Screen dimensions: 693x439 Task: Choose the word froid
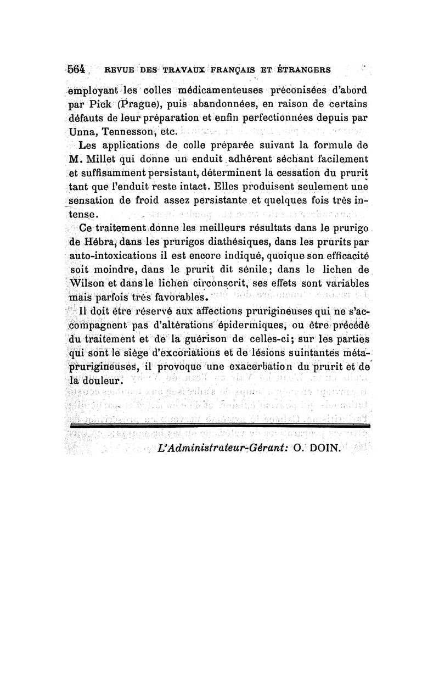tap(150, 203)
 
